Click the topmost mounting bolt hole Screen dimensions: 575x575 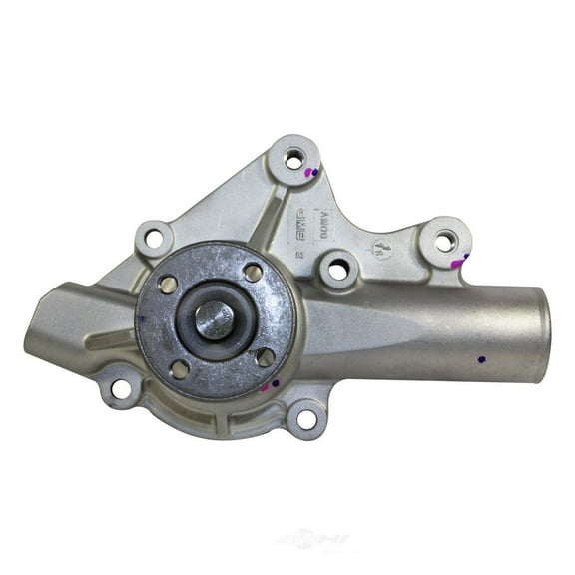(293, 158)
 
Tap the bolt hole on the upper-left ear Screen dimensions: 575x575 (153, 238)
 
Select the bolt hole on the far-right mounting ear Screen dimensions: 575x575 (445, 241)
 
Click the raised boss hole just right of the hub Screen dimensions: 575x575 (337, 268)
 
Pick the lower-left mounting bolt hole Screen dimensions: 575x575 (121, 389)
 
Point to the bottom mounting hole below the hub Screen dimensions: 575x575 (305, 418)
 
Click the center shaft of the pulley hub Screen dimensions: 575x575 (214, 320)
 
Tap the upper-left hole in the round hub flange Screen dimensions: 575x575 (169, 285)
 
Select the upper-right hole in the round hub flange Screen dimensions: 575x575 (253, 273)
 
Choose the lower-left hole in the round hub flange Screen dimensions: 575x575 (180, 368)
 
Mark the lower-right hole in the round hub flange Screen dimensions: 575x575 (265, 356)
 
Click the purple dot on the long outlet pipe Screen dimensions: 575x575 (482, 358)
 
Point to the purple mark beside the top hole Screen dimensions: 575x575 (312, 172)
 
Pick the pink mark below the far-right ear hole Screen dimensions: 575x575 (459, 261)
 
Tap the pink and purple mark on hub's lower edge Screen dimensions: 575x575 (270, 385)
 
